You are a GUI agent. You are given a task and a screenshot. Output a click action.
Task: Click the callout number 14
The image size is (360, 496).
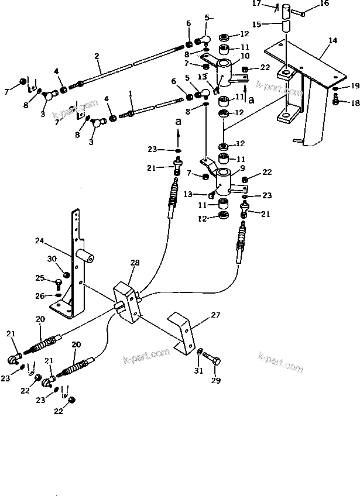pos(333,40)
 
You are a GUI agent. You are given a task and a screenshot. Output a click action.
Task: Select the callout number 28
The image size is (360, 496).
pos(135,264)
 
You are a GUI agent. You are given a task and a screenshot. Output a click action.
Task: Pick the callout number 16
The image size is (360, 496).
pos(324,4)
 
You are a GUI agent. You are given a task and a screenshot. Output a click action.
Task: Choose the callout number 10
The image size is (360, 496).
pos(245,56)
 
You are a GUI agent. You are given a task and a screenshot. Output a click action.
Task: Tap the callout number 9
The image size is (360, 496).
pos(243,167)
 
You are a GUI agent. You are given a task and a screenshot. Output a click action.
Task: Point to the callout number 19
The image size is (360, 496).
pos(355,87)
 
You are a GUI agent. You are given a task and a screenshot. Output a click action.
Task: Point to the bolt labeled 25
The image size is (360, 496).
pos(58,284)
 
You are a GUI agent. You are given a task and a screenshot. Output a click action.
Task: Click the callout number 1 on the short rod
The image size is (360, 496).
pos(129,93)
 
